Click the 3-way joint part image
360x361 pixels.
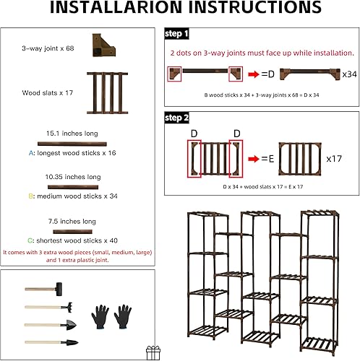coord(103,45)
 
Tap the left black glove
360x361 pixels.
coord(101,316)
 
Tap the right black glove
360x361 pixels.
coord(122,316)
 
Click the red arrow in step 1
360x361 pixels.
coord(255,74)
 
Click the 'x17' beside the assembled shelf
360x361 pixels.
coord(334,157)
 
